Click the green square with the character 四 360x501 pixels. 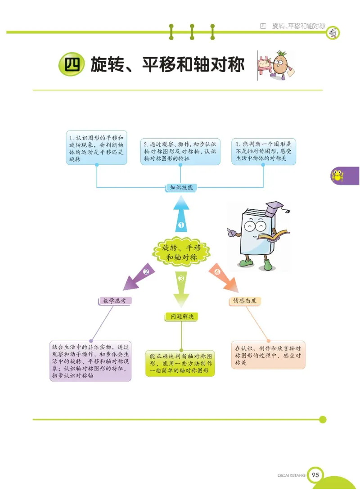coord(71,66)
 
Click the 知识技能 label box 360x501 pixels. coord(181,187)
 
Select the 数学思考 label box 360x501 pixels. coord(115,301)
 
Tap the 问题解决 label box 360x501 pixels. coord(181,317)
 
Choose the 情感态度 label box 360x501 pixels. coord(245,301)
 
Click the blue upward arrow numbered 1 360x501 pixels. coord(181,216)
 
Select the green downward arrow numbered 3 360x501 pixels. coord(181,288)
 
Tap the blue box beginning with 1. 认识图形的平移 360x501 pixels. coord(96,148)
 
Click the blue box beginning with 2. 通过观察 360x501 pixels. coord(180,151)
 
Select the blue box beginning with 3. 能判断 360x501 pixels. coord(264,151)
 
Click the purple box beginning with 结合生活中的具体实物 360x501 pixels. coord(90,361)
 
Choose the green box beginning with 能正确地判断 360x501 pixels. coord(180,363)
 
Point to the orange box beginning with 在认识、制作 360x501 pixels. coord(268,355)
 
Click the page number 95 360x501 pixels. coord(315,475)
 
